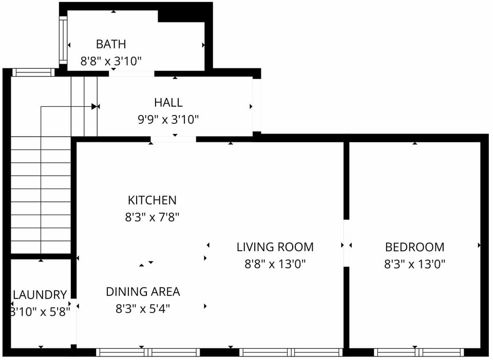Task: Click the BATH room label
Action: click(x=110, y=44)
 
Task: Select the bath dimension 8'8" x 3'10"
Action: click(x=110, y=62)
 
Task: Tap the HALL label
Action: click(x=168, y=103)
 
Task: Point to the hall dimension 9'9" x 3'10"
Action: click(x=168, y=120)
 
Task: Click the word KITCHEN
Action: click(x=152, y=200)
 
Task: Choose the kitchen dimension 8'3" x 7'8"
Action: click(x=152, y=217)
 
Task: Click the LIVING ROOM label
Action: click(x=275, y=247)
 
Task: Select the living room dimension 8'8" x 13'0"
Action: click(x=275, y=264)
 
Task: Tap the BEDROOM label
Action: click(x=414, y=247)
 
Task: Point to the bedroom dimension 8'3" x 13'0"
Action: click(x=414, y=264)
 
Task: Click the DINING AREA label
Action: click(x=143, y=292)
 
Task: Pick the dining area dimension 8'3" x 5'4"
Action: click(x=143, y=309)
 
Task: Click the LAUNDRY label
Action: click(x=40, y=295)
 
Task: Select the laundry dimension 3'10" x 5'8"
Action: click(x=40, y=312)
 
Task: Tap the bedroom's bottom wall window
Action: click(x=419, y=352)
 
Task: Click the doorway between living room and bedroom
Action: click(x=346, y=243)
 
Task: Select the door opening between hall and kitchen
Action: click(x=173, y=139)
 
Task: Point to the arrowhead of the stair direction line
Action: click(x=94, y=106)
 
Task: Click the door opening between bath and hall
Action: click(x=131, y=73)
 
